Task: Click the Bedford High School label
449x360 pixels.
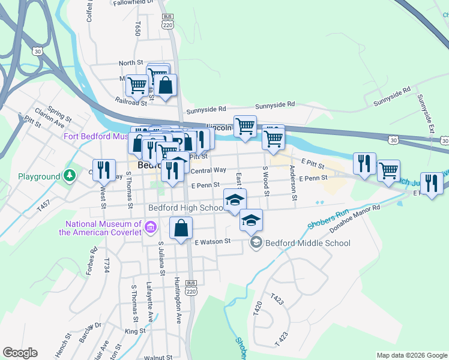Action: [x=185, y=208]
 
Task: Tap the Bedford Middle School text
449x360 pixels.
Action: [x=307, y=243]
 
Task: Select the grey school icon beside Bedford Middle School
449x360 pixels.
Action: [x=256, y=242]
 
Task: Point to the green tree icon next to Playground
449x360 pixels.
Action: [x=70, y=176]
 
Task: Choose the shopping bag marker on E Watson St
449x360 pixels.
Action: [x=181, y=229]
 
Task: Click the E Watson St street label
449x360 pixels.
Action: [x=212, y=241]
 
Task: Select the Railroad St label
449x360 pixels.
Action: [x=131, y=102]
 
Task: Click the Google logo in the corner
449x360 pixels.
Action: [x=20, y=353]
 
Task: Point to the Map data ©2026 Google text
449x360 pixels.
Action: [x=411, y=355]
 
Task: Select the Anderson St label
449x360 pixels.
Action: [x=294, y=182]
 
